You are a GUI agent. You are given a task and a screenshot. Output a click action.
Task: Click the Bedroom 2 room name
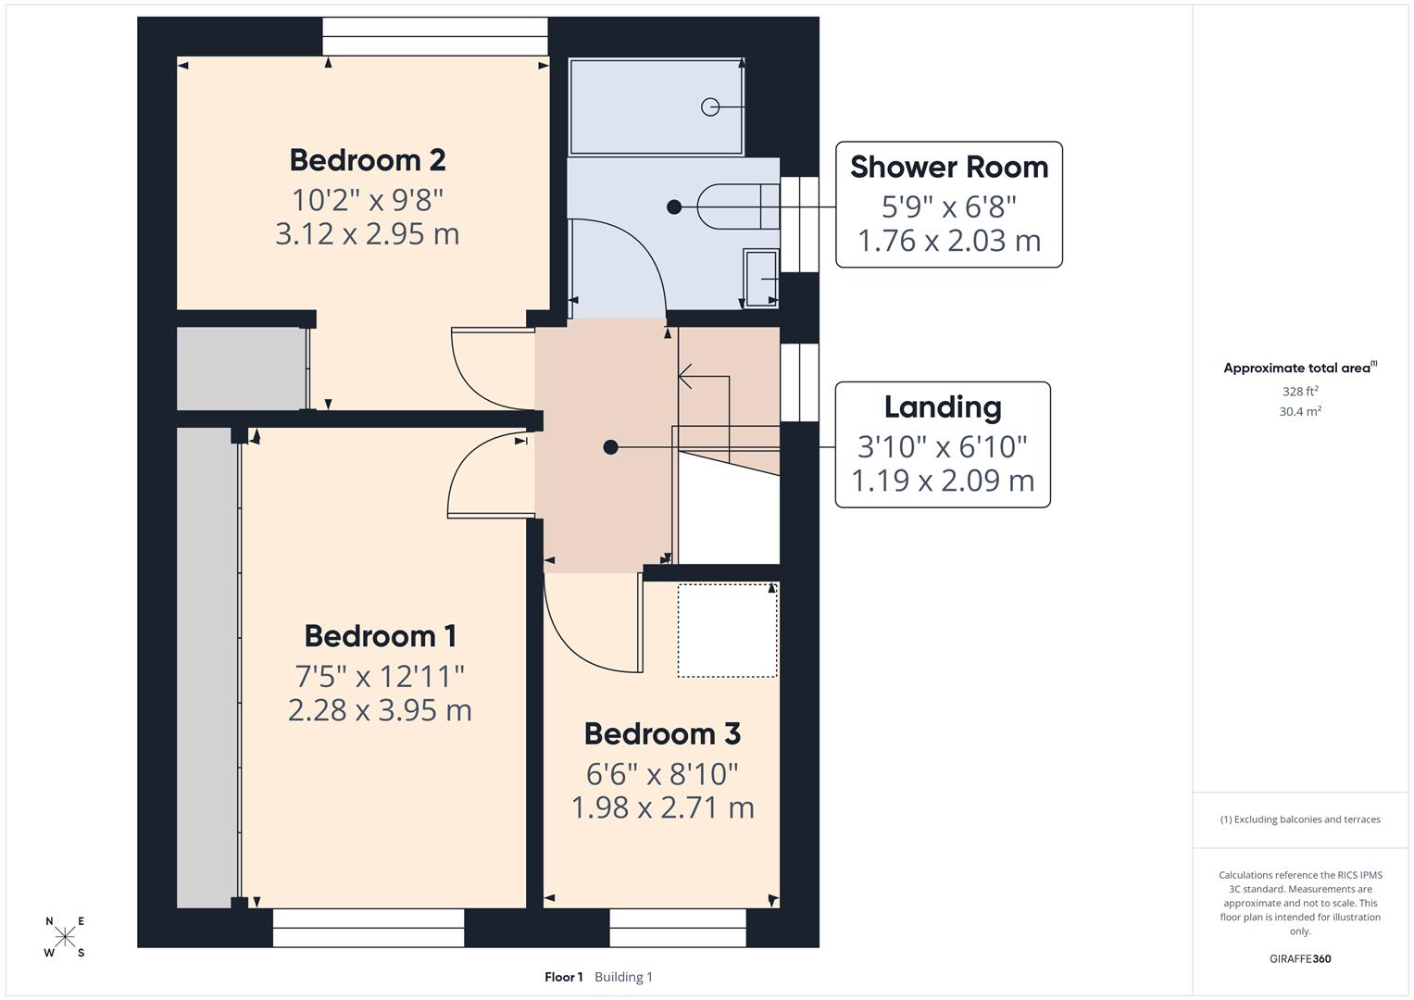coord(368,160)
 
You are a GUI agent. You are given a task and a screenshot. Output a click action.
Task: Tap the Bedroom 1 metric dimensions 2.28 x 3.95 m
coord(380,710)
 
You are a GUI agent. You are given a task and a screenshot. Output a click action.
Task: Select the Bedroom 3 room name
coord(662,733)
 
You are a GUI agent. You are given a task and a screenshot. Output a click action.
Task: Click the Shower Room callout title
coord(949,167)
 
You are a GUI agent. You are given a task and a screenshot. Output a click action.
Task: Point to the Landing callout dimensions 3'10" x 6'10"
coord(942,446)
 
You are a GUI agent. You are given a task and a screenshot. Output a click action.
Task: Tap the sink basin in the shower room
coord(761,276)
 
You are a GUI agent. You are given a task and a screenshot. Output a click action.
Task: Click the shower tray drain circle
coord(710,106)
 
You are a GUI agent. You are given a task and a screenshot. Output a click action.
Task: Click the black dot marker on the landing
coord(610,447)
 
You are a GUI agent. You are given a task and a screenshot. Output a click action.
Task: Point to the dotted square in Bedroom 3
coord(727,630)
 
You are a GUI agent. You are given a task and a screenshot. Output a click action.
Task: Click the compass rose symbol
coord(65,937)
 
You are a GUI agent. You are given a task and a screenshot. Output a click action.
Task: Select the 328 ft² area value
coord(1299,391)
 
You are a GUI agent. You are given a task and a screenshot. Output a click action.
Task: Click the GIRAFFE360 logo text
coord(1299,958)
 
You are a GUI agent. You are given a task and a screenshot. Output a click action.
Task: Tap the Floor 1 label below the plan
coord(563,977)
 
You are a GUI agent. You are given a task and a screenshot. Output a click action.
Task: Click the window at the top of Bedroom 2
coord(435,36)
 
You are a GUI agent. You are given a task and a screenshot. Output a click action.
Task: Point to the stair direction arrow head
coord(684,376)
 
